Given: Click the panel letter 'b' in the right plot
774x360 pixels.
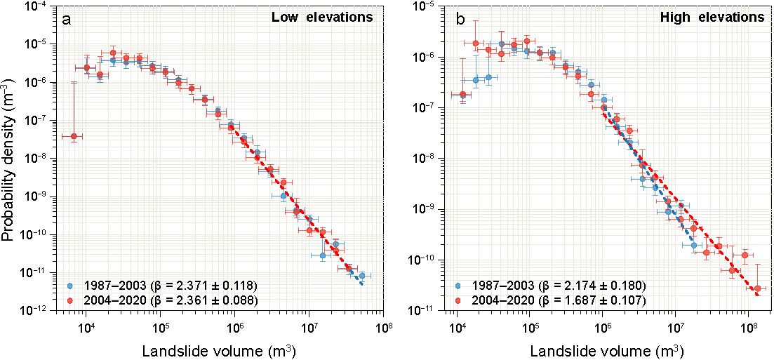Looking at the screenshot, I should click(460, 20).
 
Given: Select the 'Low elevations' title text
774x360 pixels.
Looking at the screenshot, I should click(322, 18).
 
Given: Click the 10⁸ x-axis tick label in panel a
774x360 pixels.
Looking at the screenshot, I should click(383, 326).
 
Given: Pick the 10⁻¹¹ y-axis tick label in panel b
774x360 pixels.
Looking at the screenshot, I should click(429, 311).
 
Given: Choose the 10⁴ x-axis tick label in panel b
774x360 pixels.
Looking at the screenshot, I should click(457, 326).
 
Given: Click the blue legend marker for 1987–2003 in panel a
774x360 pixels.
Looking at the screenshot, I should click(69, 286).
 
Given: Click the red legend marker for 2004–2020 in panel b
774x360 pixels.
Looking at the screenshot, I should click(458, 300).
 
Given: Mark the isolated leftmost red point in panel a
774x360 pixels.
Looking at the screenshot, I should click(74, 136).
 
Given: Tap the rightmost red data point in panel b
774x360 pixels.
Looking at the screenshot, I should click(758, 288).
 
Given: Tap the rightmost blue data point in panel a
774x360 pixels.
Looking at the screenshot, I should click(361, 276).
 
